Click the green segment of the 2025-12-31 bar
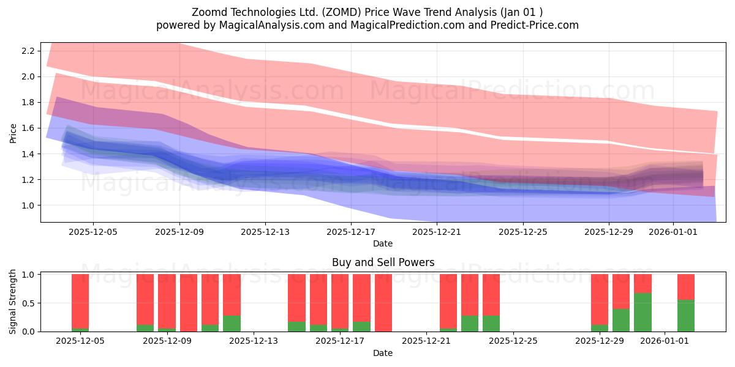coord(643,313)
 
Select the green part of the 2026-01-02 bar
coord(685,316)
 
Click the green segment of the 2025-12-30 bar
coord(621,320)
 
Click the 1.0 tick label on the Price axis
coord(28,206)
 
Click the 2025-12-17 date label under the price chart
coord(351,232)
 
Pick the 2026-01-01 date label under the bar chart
coord(665,341)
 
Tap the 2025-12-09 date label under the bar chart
coord(167,341)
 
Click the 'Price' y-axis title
coord(13,132)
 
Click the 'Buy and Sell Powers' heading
coord(383,262)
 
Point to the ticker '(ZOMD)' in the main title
coord(341,12)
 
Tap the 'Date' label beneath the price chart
coord(383,243)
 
